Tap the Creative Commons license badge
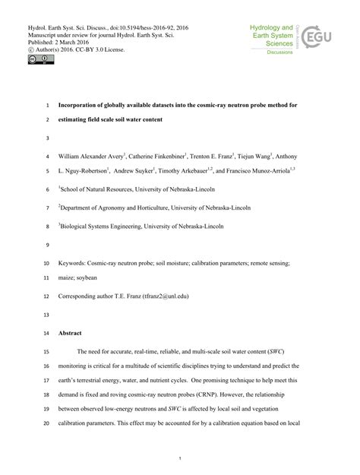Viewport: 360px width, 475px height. [x=36, y=56]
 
